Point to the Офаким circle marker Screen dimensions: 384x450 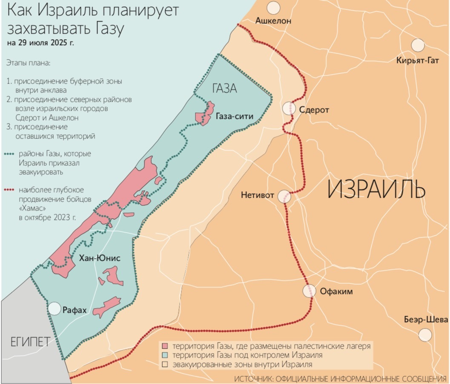pos(310,291)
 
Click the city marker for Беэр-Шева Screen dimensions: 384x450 pos(425,335)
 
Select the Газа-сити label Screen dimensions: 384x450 pos(234,116)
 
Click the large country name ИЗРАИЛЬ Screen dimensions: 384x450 pos(376,190)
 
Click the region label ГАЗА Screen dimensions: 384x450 pos(224,88)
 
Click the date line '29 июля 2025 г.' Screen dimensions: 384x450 pos(40,43)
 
